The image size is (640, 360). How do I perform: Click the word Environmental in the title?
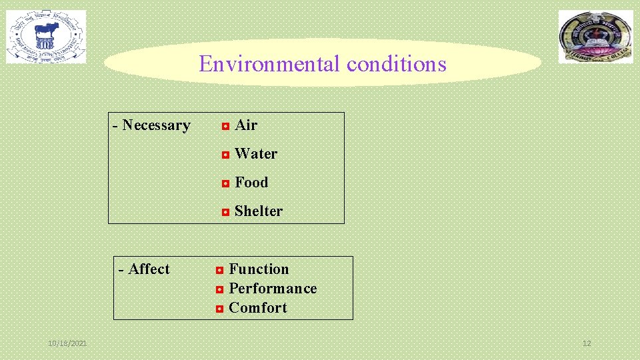tap(269, 64)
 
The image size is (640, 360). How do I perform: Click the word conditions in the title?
tap(396, 64)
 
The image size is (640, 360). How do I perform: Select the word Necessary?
tap(156, 125)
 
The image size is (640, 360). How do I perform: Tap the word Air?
tap(246, 125)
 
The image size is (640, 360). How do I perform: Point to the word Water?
tap(256, 154)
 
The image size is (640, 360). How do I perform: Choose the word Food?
tap(251, 183)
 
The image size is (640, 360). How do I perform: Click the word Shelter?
tap(259, 211)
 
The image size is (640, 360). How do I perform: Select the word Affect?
tap(149, 269)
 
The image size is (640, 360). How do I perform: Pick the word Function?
tap(259, 269)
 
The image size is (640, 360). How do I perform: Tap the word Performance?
tap(273, 289)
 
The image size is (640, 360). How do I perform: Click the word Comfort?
tap(258, 308)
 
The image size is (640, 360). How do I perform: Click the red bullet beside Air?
tap(225, 126)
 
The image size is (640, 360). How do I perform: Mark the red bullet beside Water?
tap(225, 155)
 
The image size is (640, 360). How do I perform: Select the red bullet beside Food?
tap(225, 183)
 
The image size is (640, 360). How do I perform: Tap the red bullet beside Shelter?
tap(225, 212)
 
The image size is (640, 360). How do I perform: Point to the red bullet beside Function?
tap(219, 270)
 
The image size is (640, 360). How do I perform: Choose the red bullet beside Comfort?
tap(219, 309)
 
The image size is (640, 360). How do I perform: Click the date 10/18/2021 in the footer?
tap(67, 343)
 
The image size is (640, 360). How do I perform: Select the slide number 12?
tap(587, 343)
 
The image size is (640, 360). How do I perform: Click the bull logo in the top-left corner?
tap(46, 37)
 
